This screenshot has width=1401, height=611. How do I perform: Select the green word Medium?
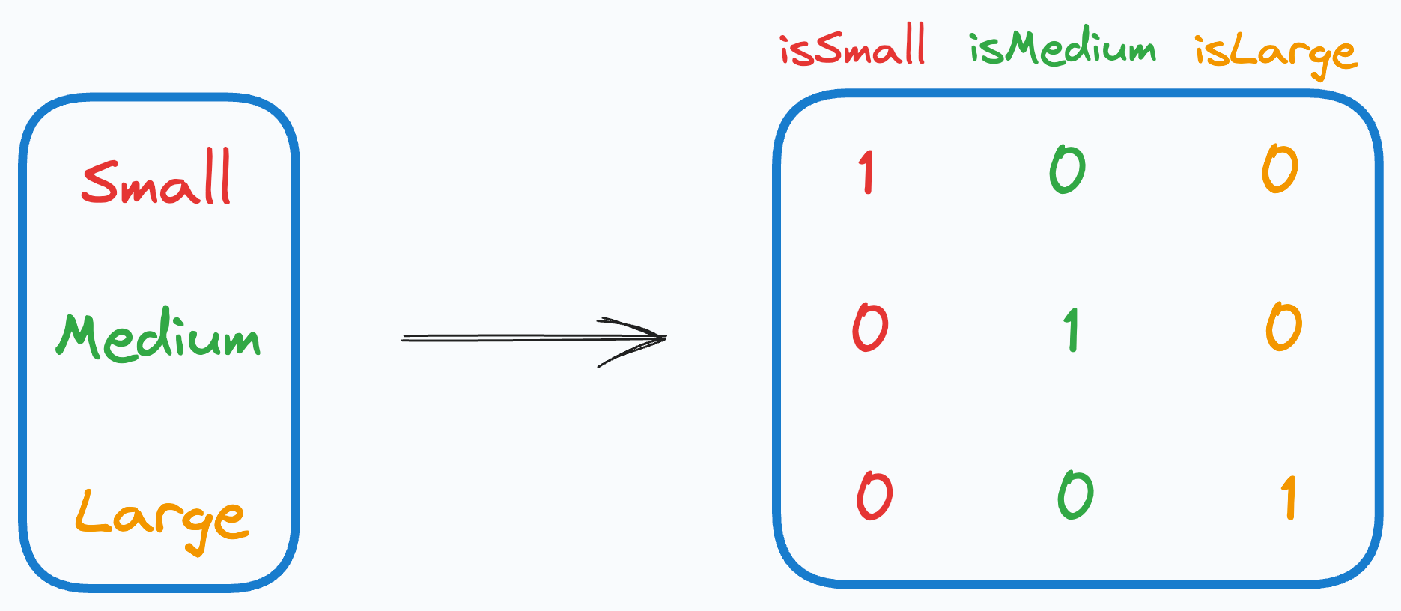point(159,337)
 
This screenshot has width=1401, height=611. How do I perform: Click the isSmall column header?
point(853,46)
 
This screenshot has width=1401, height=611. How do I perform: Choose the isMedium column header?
point(1063,49)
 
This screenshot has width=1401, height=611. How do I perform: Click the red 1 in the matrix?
point(866,171)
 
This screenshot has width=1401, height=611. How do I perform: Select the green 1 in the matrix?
point(1072,329)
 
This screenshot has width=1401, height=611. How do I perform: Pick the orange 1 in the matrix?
point(1289,497)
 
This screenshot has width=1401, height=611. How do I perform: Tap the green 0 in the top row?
point(1068,169)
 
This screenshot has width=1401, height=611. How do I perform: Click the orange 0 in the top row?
point(1280,168)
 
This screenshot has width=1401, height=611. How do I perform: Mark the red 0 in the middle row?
point(870,327)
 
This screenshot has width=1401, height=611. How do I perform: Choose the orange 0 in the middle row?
point(1283,326)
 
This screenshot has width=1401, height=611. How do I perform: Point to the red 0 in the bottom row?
point(875,495)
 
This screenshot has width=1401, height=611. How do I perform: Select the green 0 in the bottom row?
point(1076,494)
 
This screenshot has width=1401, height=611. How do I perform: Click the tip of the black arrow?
point(665,338)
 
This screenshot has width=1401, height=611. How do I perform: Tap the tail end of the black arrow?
point(404,338)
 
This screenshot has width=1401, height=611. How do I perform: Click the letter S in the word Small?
point(100,182)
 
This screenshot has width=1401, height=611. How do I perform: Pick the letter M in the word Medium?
point(79,335)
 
